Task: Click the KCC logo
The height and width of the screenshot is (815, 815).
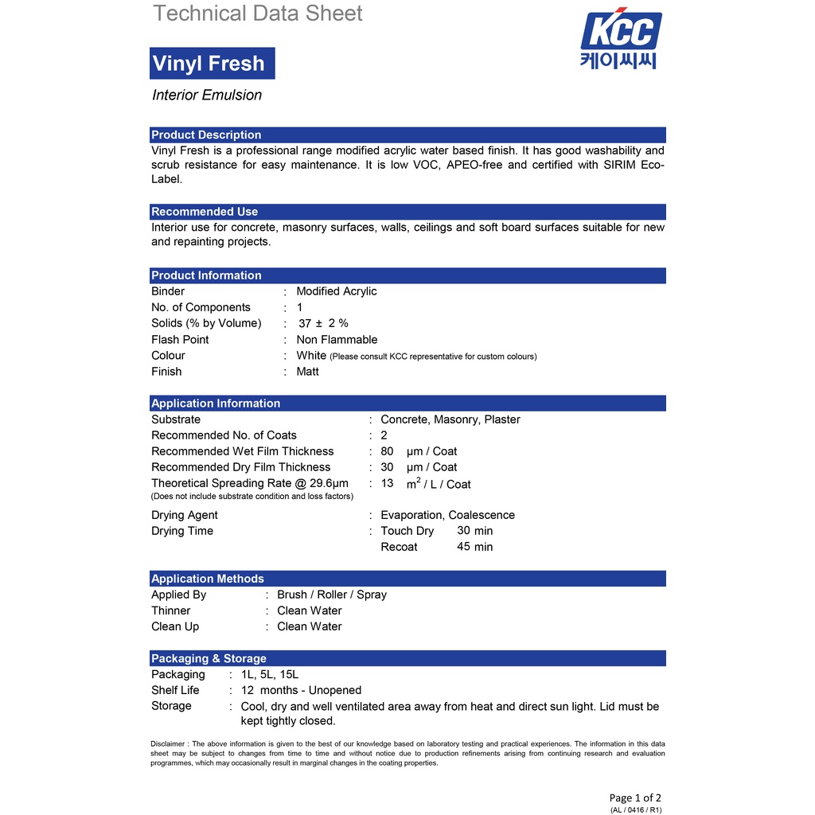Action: point(621,40)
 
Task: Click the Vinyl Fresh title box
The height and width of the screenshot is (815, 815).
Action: point(212,64)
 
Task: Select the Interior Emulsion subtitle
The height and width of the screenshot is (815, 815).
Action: point(207,96)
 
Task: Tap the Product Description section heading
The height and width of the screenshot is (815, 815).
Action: point(206,135)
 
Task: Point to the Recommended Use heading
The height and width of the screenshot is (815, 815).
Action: point(205,212)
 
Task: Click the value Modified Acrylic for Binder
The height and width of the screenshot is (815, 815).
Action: point(337,291)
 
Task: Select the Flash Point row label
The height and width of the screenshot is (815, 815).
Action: point(180,340)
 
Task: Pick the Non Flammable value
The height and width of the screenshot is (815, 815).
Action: point(337,340)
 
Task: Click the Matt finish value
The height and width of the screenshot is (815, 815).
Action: point(307,372)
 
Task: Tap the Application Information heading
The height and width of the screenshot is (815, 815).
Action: point(216,404)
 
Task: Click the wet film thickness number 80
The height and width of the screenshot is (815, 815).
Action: point(387,451)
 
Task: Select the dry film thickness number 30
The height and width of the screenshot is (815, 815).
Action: point(387,467)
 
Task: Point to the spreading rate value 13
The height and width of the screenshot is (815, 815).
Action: point(387,483)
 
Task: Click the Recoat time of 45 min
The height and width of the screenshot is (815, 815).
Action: point(475,547)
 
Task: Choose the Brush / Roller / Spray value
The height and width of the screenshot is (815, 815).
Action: point(332,595)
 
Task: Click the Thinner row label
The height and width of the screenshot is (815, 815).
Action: point(171,610)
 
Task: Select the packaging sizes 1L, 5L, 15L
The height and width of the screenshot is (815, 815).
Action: point(270,674)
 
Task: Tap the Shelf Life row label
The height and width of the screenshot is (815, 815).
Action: point(175,690)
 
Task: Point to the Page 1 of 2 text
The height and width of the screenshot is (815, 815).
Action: point(635,797)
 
